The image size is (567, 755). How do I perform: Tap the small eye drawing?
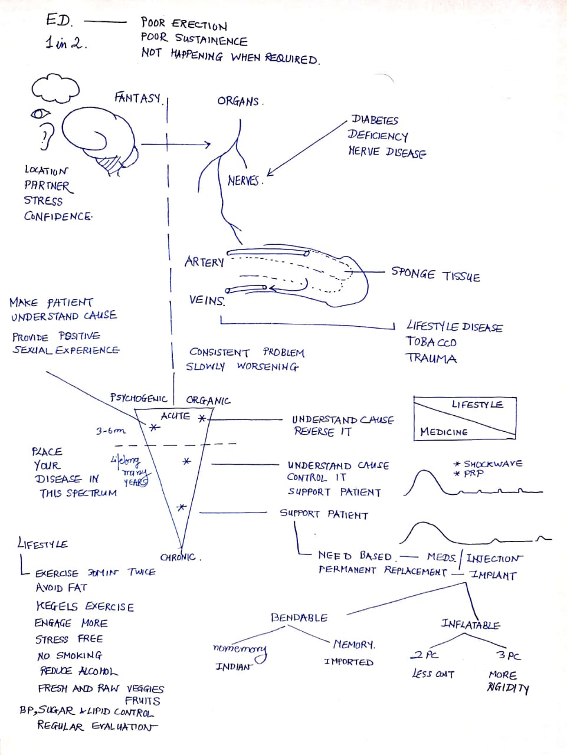click(41, 113)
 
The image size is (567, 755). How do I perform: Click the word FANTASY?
click(137, 97)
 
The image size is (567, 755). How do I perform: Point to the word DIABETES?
click(375, 120)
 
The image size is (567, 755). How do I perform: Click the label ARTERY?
click(204, 262)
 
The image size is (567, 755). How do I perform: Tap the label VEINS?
click(207, 300)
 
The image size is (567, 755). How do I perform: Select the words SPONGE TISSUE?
click(435, 274)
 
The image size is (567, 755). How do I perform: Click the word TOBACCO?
click(431, 342)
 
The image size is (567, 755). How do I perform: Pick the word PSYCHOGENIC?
click(139, 398)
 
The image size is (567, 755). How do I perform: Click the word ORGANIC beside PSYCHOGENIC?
click(208, 401)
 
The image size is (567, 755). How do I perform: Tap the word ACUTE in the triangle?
click(175, 416)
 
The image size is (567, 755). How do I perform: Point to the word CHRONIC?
click(179, 557)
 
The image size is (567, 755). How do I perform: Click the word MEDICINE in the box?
click(444, 432)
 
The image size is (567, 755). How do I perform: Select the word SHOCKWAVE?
click(493, 464)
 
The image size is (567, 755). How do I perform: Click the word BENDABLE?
click(299, 618)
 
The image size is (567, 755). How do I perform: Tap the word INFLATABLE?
click(470, 624)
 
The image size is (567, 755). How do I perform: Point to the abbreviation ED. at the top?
click(59, 21)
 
